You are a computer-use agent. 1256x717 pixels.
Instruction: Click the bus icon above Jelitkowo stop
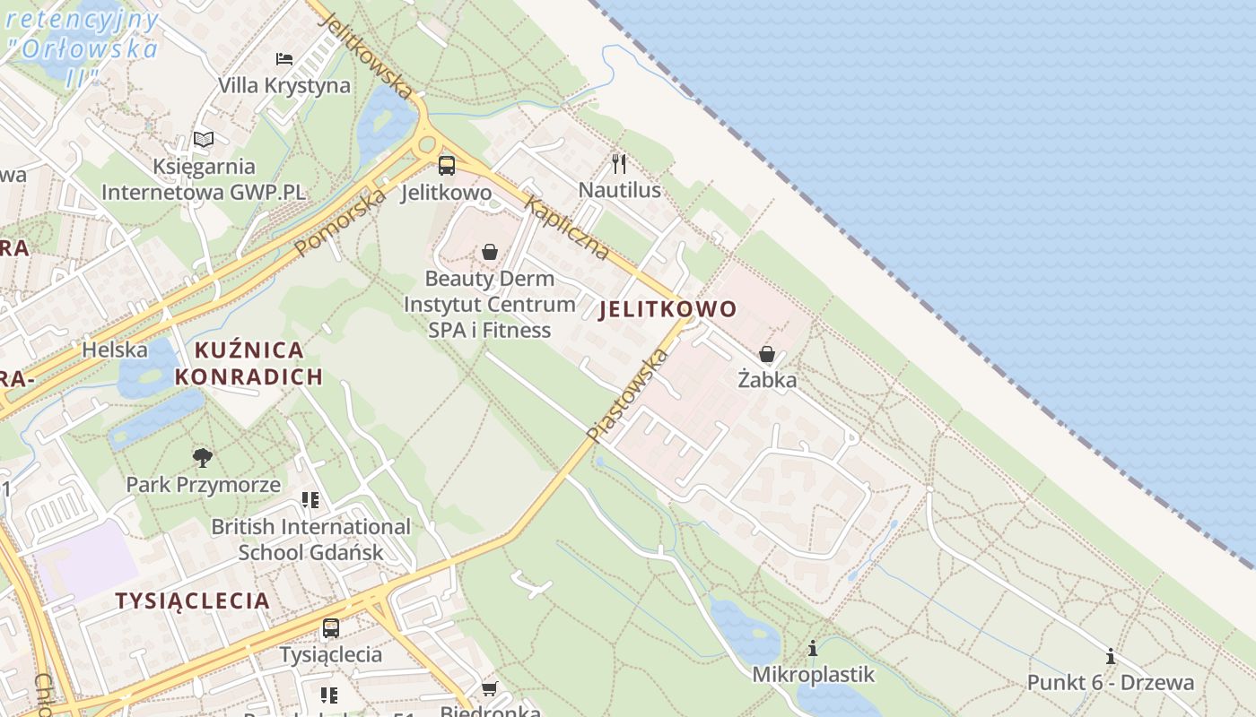coord(446,166)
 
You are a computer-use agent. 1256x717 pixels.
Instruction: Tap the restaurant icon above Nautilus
coord(618,163)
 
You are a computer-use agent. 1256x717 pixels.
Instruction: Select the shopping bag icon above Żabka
coord(767,354)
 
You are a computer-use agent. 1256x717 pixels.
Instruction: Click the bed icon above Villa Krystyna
coord(284,59)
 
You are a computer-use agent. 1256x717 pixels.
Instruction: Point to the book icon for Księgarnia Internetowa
coord(204,140)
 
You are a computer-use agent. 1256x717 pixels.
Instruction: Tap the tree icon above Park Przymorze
coord(203,458)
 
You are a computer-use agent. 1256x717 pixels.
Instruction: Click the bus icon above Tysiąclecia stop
coord(331,628)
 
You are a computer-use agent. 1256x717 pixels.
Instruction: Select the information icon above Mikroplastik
coord(813,648)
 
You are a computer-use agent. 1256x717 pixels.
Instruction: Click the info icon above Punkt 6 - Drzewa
coord(1111,656)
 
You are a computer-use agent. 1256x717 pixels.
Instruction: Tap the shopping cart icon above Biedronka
coord(489,688)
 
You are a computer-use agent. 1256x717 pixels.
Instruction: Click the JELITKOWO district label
coord(667,310)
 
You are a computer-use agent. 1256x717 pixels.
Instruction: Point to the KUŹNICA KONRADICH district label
coord(249,363)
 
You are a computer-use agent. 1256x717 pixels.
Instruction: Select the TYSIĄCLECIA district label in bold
coord(192,600)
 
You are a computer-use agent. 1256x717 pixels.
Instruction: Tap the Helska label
coord(114,350)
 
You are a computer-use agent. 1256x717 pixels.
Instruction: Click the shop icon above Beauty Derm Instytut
coord(490,253)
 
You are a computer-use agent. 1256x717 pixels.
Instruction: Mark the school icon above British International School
coord(310,500)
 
